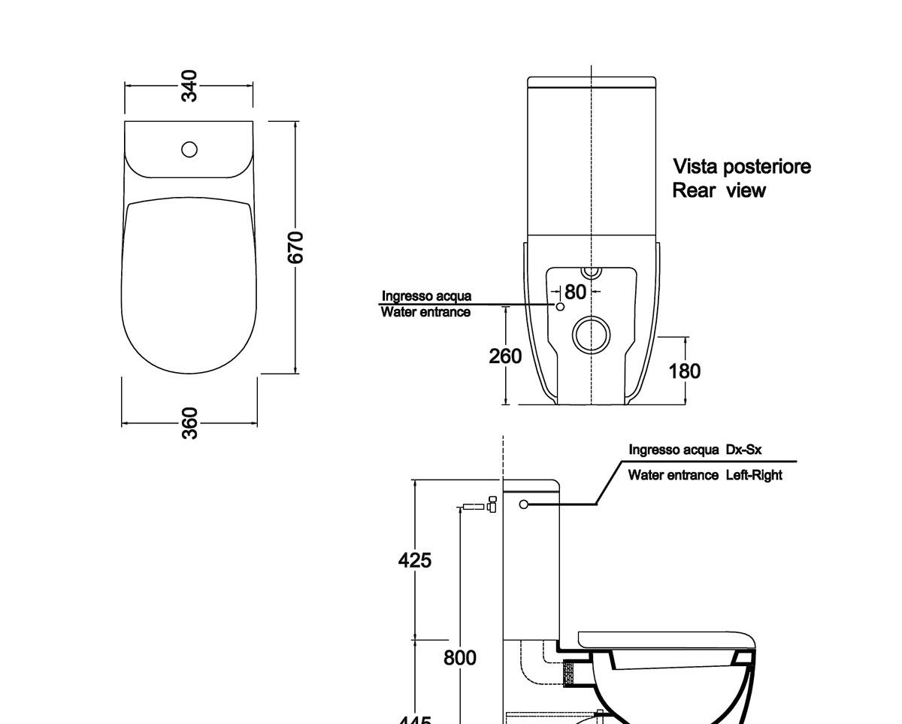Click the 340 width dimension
(x=189, y=86)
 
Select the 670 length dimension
(x=296, y=247)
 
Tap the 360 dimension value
(x=190, y=423)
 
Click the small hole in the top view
(x=189, y=150)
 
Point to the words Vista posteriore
(x=742, y=166)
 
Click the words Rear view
(x=719, y=191)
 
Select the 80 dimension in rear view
(x=575, y=292)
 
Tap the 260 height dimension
(x=505, y=356)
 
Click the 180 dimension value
(x=685, y=371)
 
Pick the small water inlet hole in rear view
(x=559, y=307)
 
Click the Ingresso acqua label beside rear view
(x=426, y=296)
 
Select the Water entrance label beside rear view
(x=425, y=312)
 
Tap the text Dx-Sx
(x=744, y=450)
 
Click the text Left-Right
(x=754, y=475)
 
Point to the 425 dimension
(x=415, y=560)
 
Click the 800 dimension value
(x=459, y=658)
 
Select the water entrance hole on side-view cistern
(x=524, y=504)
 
